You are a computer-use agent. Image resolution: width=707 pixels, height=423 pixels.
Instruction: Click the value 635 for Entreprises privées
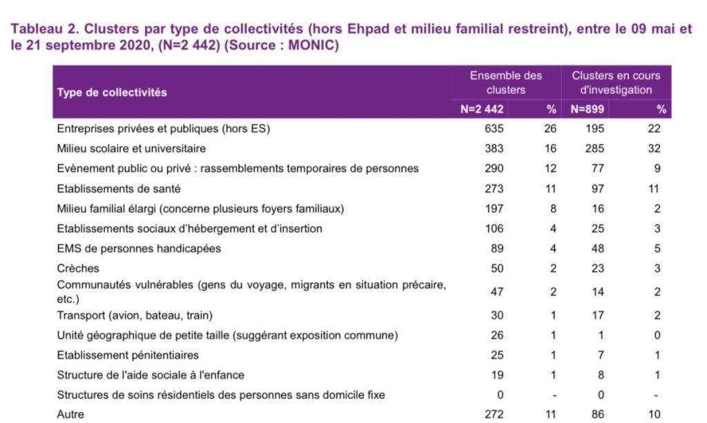click(x=494, y=129)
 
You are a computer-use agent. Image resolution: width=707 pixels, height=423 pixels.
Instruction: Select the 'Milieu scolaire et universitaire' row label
click(x=131, y=149)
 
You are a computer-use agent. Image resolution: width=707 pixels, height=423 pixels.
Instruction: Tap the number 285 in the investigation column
click(x=594, y=149)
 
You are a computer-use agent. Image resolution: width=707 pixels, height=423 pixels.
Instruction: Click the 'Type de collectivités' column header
click(x=112, y=93)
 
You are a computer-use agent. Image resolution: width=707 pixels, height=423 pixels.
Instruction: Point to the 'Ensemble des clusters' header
click(x=506, y=83)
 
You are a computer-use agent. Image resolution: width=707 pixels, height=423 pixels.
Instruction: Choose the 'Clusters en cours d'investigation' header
click(x=616, y=83)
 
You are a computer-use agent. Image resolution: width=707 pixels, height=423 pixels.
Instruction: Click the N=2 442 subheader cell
click(x=481, y=109)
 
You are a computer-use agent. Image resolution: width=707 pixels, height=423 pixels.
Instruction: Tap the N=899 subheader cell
click(x=587, y=109)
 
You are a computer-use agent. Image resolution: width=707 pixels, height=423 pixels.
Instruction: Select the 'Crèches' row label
click(x=78, y=268)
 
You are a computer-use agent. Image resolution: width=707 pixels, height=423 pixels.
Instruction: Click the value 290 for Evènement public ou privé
click(x=494, y=169)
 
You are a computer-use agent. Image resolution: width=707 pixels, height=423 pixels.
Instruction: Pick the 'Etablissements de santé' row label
click(x=119, y=189)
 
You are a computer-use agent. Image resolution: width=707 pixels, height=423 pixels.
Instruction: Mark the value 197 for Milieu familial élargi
click(x=494, y=209)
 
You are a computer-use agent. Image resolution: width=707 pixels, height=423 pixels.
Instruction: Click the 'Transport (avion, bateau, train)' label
click(x=135, y=315)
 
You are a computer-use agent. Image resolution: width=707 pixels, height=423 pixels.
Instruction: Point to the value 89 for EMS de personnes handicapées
click(x=497, y=248)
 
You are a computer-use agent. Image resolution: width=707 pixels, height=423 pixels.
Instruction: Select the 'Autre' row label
click(x=70, y=414)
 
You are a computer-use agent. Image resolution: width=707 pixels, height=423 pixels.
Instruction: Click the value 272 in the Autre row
click(x=494, y=414)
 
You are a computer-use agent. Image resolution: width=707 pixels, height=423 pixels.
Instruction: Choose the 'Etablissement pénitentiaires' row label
click(x=128, y=355)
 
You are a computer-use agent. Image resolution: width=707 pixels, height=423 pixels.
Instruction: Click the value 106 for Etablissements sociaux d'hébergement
click(x=494, y=228)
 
